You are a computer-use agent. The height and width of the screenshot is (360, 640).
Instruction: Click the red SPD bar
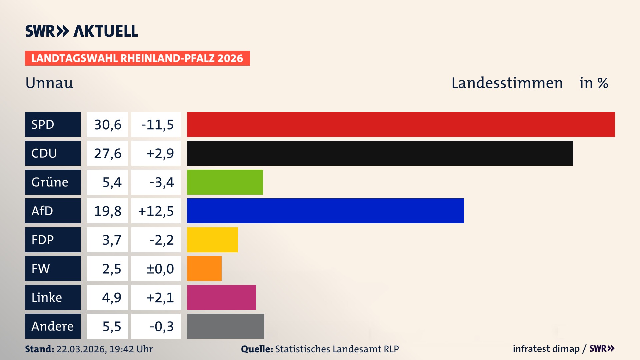click(401, 124)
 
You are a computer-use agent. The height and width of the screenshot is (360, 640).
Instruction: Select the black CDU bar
click(380, 153)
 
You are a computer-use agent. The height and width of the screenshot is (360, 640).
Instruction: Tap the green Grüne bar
click(225, 182)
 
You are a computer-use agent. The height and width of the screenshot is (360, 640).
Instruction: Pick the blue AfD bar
click(325, 211)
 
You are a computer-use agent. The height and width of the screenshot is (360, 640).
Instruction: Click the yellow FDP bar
click(212, 240)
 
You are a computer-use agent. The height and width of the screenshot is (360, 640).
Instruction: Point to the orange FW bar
click(204, 268)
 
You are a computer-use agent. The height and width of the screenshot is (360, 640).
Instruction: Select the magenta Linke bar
click(221, 297)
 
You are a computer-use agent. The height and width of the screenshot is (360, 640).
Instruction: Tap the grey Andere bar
click(225, 326)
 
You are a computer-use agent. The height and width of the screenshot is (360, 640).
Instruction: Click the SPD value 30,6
click(108, 125)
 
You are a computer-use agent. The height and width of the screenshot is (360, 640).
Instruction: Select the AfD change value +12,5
click(156, 211)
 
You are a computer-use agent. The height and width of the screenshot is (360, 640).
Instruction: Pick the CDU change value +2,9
click(160, 153)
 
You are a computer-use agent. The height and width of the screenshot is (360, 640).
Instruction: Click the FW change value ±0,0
click(160, 269)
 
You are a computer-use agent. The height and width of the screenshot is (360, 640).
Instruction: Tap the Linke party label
click(47, 297)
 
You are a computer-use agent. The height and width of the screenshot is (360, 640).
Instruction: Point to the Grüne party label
click(50, 182)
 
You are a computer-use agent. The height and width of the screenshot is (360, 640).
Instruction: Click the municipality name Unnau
click(49, 83)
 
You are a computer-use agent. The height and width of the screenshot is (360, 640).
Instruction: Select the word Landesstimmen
click(507, 83)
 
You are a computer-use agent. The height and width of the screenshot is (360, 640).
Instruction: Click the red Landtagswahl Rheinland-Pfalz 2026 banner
click(137, 58)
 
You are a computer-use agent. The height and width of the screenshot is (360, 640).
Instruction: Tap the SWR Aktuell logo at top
click(82, 31)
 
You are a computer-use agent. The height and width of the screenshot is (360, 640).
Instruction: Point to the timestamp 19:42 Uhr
click(131, 349)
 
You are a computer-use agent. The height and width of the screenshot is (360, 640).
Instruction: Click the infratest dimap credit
click(546, 349)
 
